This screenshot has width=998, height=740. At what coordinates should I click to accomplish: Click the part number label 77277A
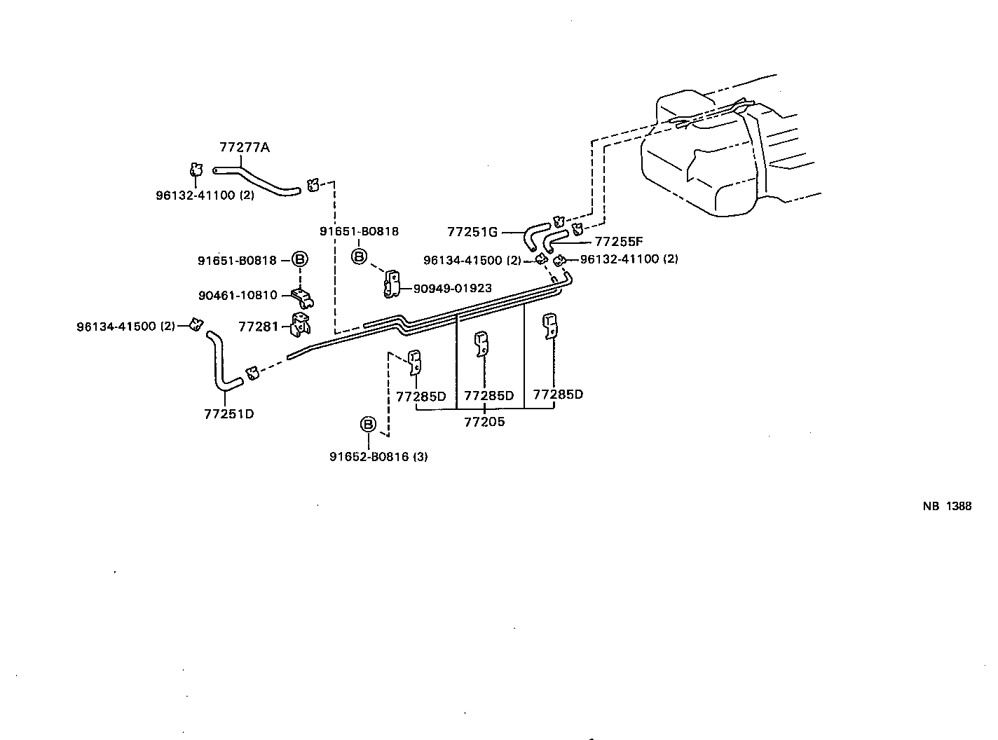[244, 148]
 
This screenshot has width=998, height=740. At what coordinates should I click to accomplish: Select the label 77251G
[472, 232]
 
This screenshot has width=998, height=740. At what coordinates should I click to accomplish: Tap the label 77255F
[619, 242]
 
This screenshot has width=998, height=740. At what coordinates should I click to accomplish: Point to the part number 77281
[259, 327]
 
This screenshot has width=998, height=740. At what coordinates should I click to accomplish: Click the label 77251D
[228, 414]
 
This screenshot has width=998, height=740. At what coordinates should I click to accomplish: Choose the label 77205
[484, 422]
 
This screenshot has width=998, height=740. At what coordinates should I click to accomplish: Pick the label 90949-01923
[452, 288]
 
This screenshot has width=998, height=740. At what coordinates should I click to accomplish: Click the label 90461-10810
[238, 296]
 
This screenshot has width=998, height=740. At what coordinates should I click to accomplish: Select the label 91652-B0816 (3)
[378, 457]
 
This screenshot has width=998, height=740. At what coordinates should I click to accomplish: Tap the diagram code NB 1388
[946, 507]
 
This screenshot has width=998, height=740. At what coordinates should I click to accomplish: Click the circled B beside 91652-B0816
[368, 425]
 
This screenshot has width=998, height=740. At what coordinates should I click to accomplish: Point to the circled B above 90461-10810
[299, 260]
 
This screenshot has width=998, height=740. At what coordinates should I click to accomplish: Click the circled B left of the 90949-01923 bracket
[359, 257]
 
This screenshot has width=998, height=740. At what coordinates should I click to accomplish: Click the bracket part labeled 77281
[301, 326]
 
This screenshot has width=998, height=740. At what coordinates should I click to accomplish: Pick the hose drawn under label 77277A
[257, 179]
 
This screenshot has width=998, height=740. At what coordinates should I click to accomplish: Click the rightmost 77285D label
[558, 395]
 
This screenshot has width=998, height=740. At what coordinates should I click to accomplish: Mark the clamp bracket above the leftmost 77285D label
[414, 361]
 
